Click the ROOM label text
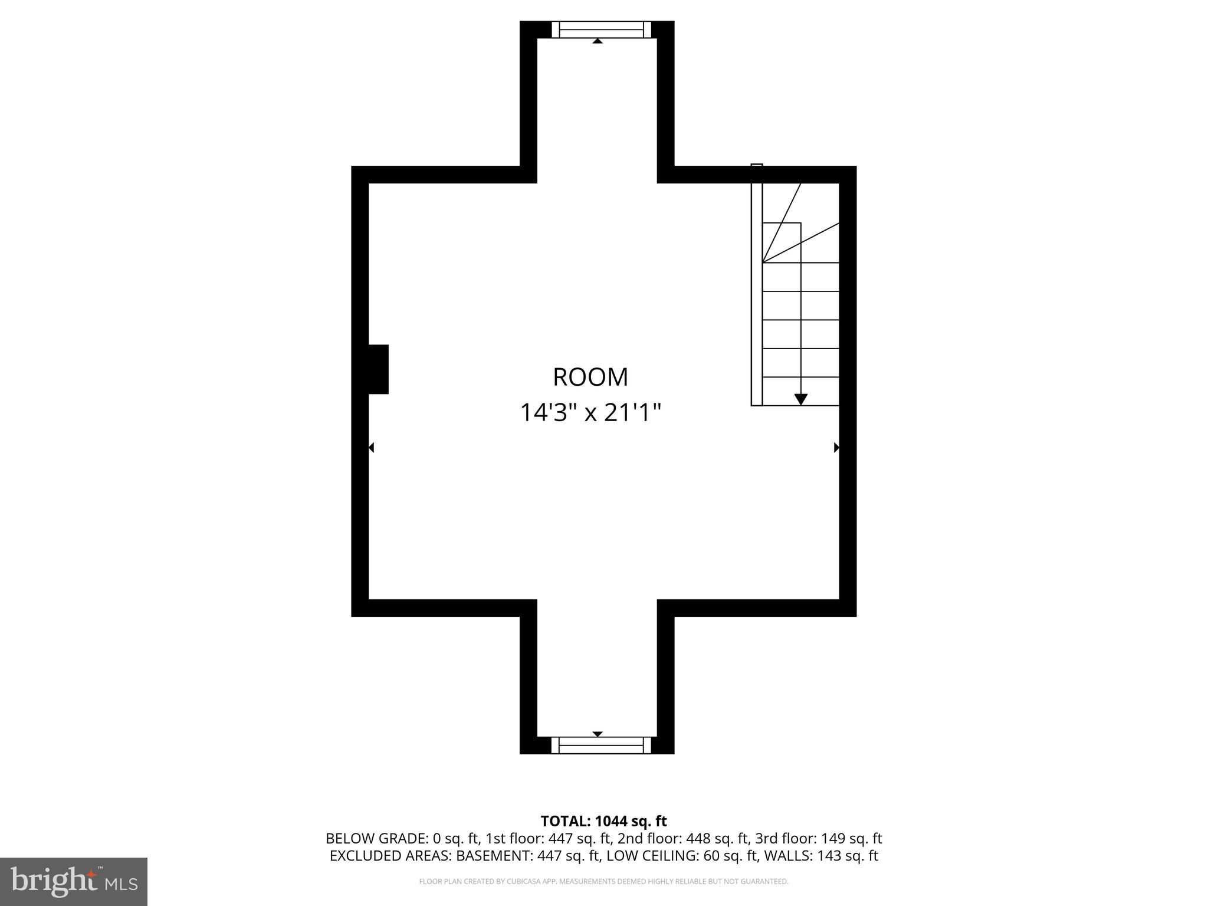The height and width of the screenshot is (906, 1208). point(590,377)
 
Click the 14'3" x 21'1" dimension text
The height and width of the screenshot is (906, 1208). point(590,412)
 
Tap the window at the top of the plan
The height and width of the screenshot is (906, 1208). point(601,29)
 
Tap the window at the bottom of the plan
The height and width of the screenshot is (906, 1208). point(601,746)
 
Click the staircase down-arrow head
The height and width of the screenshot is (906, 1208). point(800,399)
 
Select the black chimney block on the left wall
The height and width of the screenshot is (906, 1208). point(377,369)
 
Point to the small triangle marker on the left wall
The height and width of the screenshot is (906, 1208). point(372,448)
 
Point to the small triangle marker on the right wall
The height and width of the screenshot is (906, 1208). point(836,448)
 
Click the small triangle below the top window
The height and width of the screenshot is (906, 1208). point(598,41)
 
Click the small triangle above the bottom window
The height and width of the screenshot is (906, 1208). point(598,734)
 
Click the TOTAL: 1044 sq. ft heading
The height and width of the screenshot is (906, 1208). point(603,821)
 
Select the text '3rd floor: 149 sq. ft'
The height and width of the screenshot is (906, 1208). point(818,839)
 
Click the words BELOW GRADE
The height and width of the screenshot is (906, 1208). point(377,839)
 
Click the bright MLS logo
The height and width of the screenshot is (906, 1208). point(73,881)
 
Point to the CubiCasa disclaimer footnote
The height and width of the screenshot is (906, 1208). point(603,882)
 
